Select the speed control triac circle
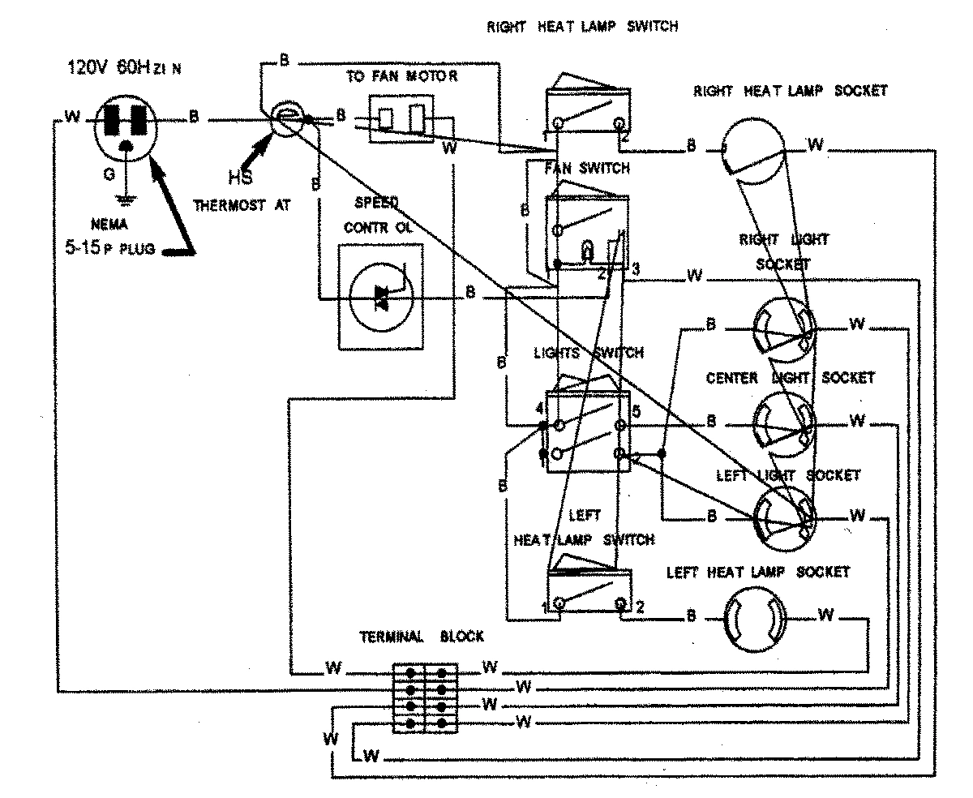tap(380, 298)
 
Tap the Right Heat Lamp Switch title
tap(581, 26)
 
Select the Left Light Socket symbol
tap(783, 515)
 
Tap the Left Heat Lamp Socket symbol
tap(754, 619)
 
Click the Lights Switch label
tap(589, 354)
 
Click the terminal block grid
tap(425, 698)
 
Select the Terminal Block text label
tap(422, 637)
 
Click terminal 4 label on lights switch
tap(539, 410)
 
